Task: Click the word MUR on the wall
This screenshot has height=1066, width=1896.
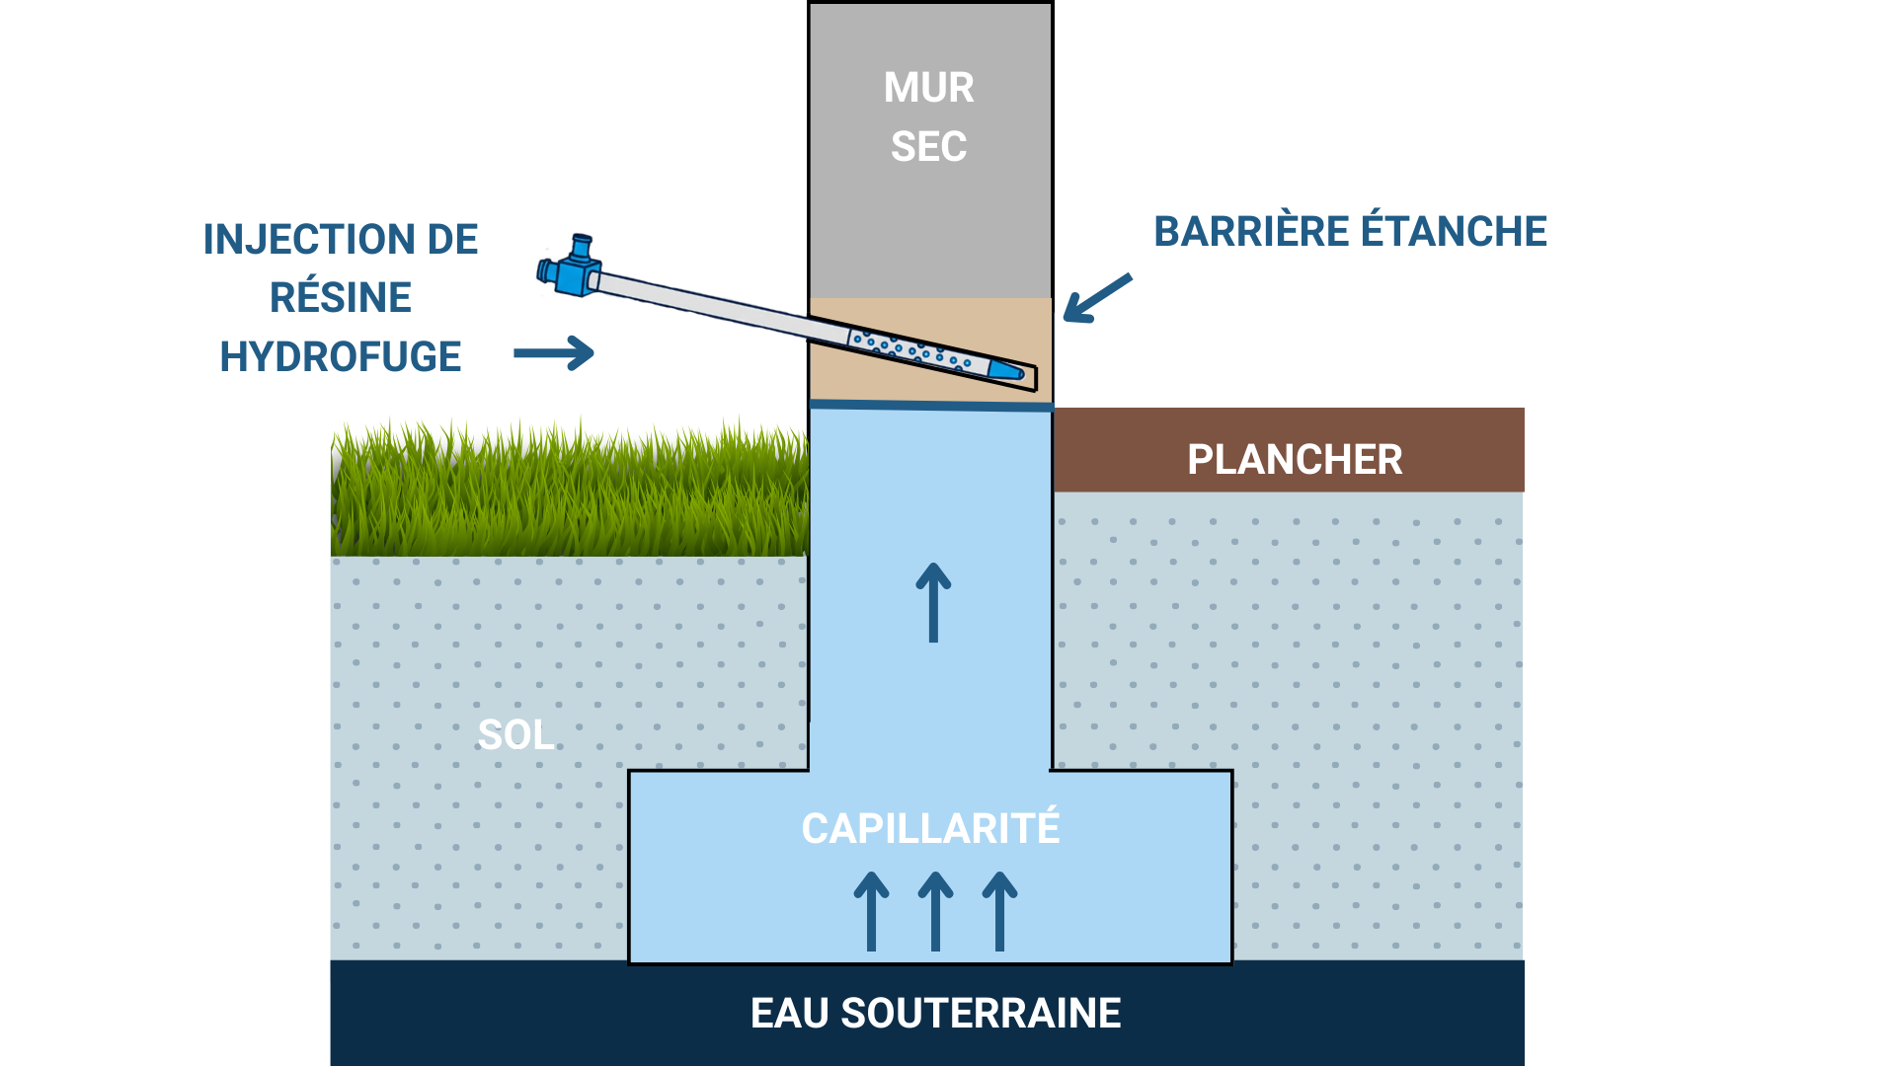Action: tap(928, 88)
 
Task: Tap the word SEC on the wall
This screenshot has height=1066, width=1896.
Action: tap(928, 147)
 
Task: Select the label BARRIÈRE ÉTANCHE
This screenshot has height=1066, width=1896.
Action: tap(1350, 232)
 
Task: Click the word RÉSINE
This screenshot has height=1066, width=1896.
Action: tap(341, 298)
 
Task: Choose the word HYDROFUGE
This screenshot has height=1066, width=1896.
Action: tap(341, 357)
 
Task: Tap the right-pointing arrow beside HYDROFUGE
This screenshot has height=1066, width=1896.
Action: tap(554, 352)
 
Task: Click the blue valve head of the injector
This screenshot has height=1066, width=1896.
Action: tap(571, 268)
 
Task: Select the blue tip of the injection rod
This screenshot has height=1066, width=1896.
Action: tap(1006, 370)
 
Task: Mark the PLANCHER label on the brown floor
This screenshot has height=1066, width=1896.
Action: tap(1294, 460)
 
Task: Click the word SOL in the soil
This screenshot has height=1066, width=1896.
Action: tap(514, 735)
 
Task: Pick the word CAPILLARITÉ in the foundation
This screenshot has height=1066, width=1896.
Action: tap(930, 829)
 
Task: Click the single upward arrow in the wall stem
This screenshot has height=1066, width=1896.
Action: tap(933, 602)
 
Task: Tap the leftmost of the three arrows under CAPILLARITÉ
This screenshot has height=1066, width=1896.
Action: tap(871, 911)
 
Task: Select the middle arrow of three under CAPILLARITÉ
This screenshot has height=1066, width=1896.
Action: tap(935, 911)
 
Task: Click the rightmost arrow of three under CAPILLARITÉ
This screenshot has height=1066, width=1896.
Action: tap(999, 911)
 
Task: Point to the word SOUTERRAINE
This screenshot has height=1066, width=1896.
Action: tap(981, 1014)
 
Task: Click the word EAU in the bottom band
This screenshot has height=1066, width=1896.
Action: tap(789, 1014)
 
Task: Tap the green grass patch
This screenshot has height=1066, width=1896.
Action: tap(570, 489)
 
